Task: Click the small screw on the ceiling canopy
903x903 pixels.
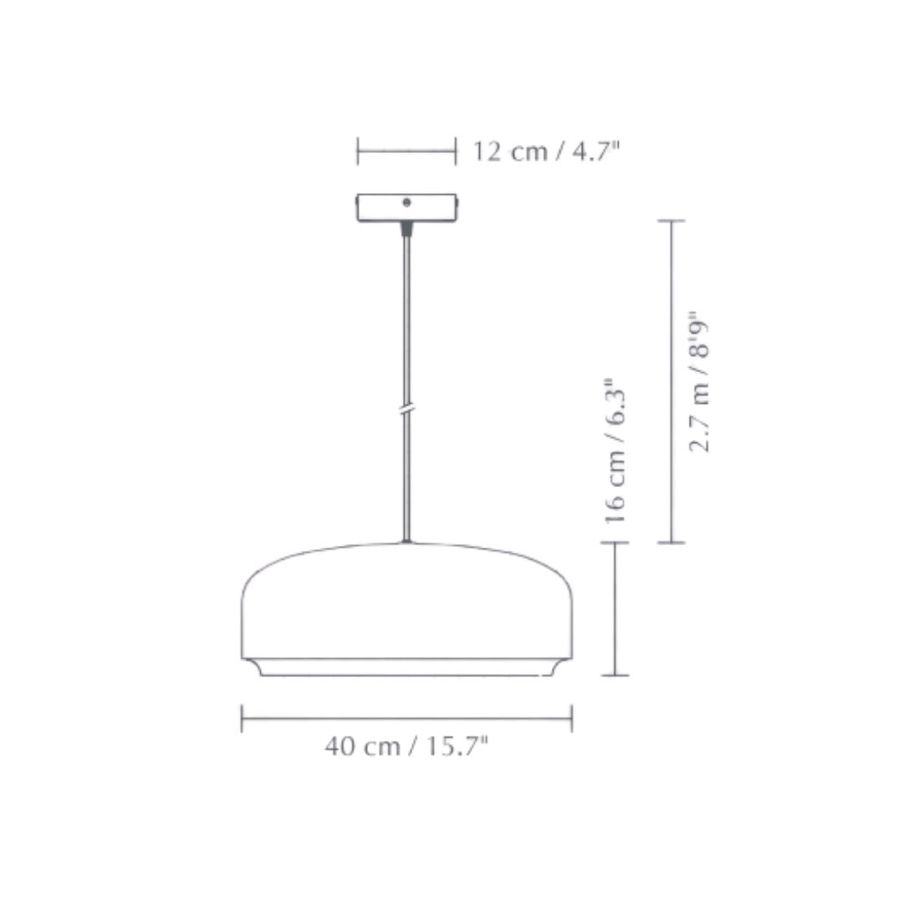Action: point(406,202)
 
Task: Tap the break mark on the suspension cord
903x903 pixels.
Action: point(406,411)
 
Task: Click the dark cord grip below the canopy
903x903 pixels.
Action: point(406,227)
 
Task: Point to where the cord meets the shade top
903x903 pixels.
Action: point(406,542)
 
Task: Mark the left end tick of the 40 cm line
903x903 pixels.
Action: point(242,718)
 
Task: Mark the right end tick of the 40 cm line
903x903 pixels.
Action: point(571,718)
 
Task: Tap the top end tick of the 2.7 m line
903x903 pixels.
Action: point(671,222)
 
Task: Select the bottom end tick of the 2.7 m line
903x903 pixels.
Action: point(671,543)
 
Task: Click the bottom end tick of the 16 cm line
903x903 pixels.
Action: point(615,675)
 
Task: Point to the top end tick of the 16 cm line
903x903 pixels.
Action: point(615,543)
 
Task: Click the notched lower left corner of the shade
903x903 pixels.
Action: point(251,666)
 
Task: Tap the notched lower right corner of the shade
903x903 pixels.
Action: point(563,666)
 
